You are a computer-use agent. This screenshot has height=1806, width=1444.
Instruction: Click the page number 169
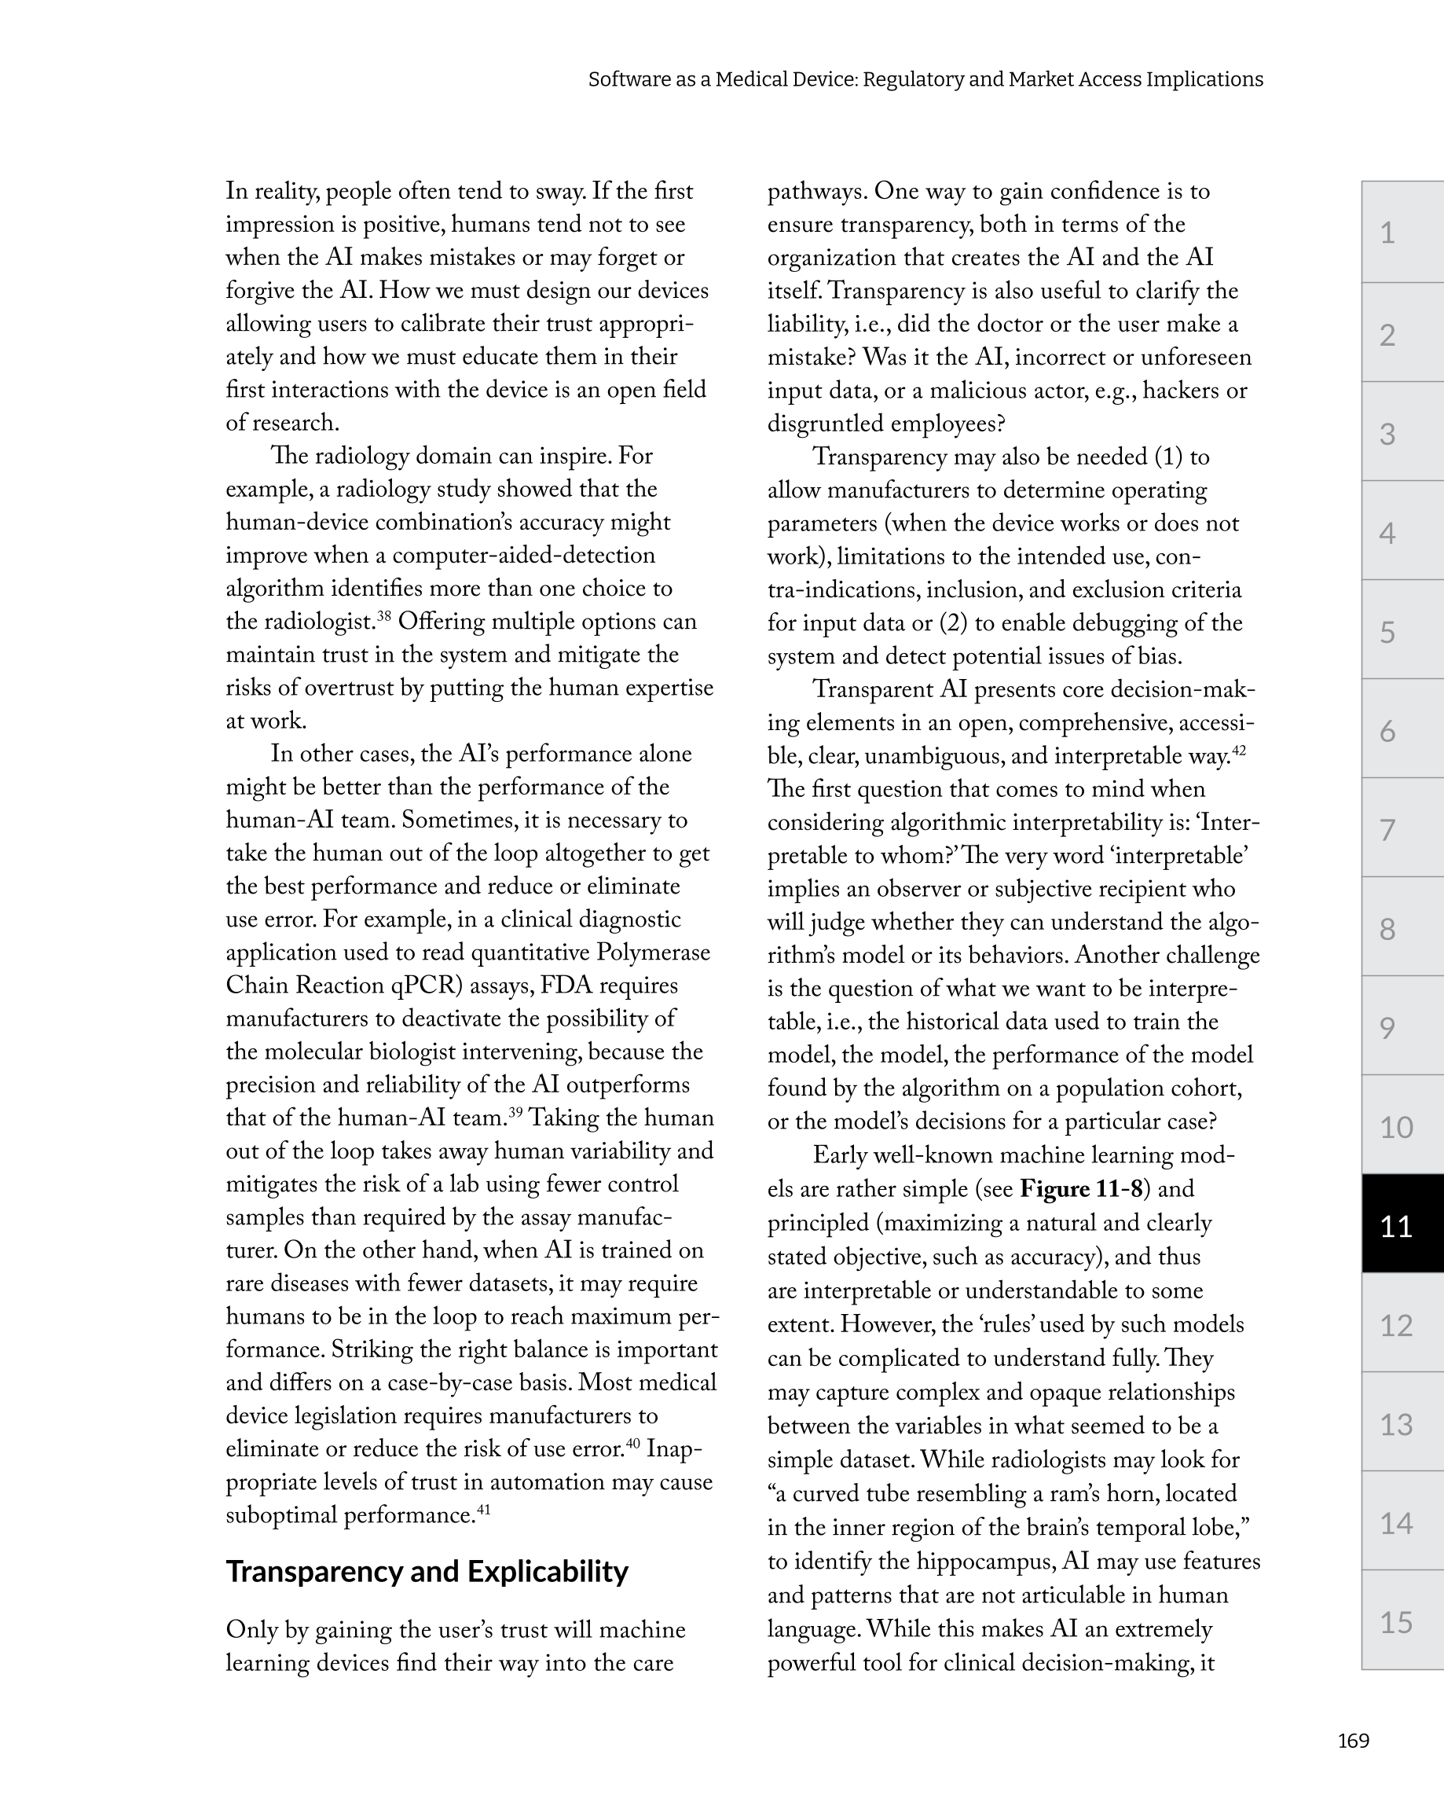pyautogui.click(x=1353, y=1741)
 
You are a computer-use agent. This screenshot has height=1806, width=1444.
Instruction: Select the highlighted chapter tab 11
pyautogui.click(x=1396, y=1226)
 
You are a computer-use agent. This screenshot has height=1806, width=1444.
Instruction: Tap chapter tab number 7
pyautogui.click(x=1388, y=830)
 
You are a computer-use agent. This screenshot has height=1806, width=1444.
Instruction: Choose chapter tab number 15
pyautogui.click(x=1396, y=1623)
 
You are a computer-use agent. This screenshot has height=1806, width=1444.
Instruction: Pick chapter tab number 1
pyautogui.click(x=1388, y=233)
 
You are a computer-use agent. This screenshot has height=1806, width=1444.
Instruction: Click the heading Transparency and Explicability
pyautogui.click(x=427, y=1572)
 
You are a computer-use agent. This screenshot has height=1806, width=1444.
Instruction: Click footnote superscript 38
pyautogui.click(x=383, y=616)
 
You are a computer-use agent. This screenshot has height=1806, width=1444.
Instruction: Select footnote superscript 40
pyautogui.click(x=632, y=1443)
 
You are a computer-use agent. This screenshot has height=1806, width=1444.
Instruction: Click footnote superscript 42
pyautogui.click(x=1240, y=751)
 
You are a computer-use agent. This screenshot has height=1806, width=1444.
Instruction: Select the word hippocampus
pyautogui.click(x=985, y=1562)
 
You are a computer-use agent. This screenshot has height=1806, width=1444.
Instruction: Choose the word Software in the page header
pyautogui.click(x=629, y=79)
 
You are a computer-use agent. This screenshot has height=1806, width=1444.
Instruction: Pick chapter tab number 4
pyautogui.click(x=1388, y=533)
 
